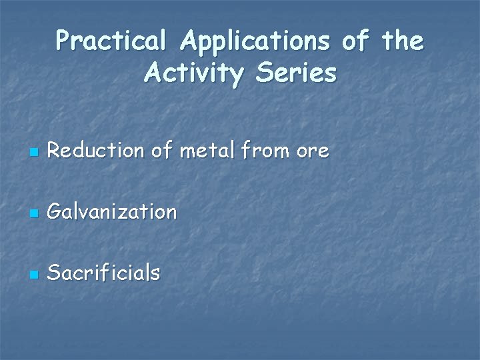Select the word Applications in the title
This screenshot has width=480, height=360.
[255, 42]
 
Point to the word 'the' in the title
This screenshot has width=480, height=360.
[403, 42]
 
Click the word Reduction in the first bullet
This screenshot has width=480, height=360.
[96, 151]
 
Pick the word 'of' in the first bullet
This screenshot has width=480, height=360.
[161, 151]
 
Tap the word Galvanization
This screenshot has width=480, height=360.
[113, 212]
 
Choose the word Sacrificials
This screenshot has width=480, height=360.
[104, 273]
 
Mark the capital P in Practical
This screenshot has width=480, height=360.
[63, 42]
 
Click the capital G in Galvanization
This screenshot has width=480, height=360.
[55, 212]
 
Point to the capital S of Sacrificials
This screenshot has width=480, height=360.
[55, 273]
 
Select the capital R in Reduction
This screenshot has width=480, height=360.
[55, 151]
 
